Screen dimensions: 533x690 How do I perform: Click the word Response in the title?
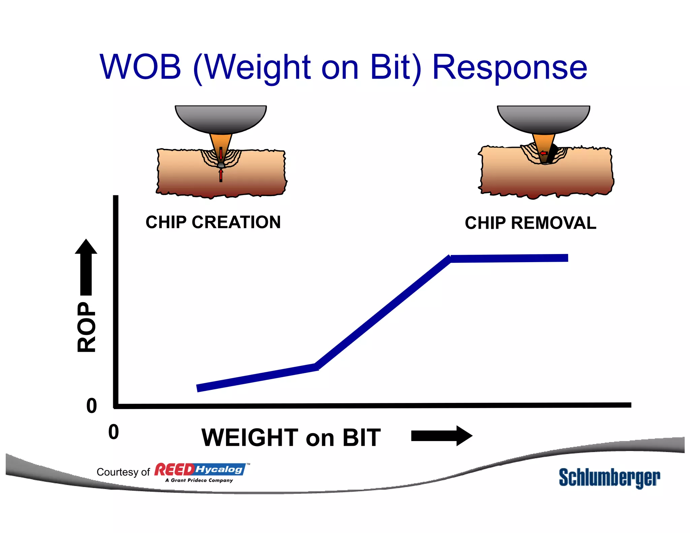(x=509, y=68)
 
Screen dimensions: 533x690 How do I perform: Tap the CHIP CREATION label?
(x=213, y=222)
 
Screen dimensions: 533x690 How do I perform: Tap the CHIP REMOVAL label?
(x=530, y=223)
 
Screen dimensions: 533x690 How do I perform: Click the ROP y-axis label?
(x=87, y=327)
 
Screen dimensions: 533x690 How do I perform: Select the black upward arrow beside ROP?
(x=86, y=266)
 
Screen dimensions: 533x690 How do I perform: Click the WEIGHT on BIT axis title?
(x=291, y=438)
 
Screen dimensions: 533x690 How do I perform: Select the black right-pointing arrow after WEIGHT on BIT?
(x=441, y=436)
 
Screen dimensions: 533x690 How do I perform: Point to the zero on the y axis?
(x=91, y=406)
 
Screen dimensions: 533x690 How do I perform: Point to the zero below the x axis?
(x=114, y=432)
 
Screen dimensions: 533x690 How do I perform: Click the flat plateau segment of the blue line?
(x=509, y=258)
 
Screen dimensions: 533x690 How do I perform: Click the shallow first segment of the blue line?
(x=256, y=377)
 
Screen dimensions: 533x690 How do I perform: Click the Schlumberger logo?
(x=609, y=477)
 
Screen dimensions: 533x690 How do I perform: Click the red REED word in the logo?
(x=174, y=469)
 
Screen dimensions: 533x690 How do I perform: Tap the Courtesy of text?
(x=123, y=472)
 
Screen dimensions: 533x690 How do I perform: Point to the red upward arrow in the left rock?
(x=221, y=175)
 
